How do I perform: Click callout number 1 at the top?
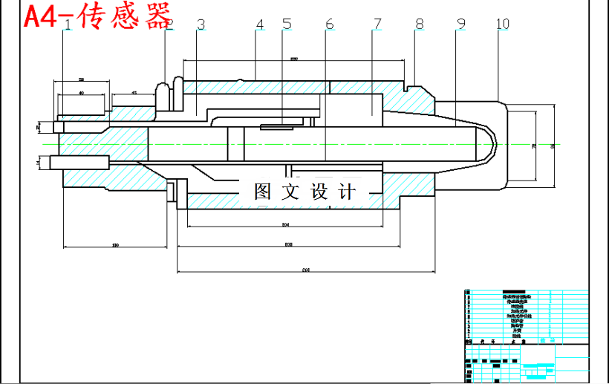[x=68, y=25]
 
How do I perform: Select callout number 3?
[x=201, y=25]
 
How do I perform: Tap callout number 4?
[x=259, y=25]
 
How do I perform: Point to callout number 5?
[x=287, y=25]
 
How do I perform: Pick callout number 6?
[x=329, y=25]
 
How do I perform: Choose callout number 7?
[x=377, y=25]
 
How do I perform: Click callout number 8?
[x=420, y=25]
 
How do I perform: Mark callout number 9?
[x=460, y=25]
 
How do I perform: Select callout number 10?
[x=503, y=25]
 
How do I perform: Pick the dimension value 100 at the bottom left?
[x=114, y=244]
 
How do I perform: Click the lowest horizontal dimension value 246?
[x=305, y=270]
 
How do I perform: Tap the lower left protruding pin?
[x=78, y=161]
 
